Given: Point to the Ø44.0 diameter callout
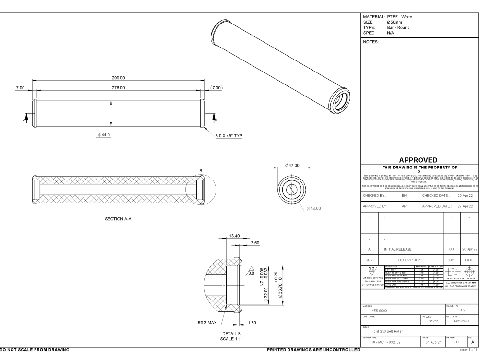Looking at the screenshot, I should pos(104,135).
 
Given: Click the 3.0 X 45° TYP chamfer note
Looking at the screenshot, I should pos(229,135).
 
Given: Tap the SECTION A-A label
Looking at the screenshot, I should pos(119,219).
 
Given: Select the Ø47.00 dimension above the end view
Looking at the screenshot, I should pos(291,165).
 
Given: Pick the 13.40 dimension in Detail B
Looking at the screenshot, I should pos(235,236).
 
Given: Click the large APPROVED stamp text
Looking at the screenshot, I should pos(420,160).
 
